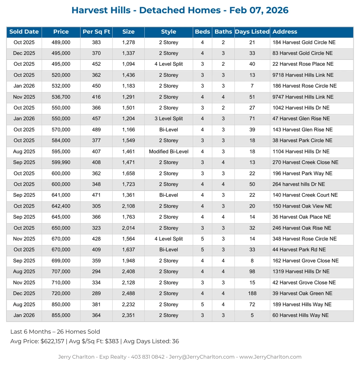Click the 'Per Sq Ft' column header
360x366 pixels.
[x=96, y=32]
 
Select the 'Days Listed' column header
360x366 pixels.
[x=252, y=32]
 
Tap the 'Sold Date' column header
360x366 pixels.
[x=24, y=32]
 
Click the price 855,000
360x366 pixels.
[x=61, y=315]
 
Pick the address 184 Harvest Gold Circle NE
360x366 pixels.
[x=304, y=43]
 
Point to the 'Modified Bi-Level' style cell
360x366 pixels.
[x=169, y=152]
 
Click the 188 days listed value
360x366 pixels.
[x=252, y=294]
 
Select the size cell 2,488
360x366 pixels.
[x=128, y=294]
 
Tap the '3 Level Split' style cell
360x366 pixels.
[x=169, y=119]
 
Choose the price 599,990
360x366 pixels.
[x=61, y=163]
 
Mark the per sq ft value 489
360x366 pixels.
[x=96, y=130]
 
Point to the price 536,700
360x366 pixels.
[x=61, y=97]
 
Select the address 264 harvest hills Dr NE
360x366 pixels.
[x=299, y=184]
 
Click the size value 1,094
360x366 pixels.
[x=128, y=64]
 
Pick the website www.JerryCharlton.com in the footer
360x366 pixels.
[x=270, y=357]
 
